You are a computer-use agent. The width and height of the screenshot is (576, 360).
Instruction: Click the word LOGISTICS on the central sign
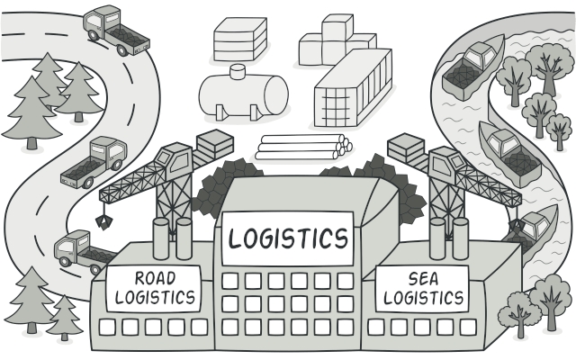click(287, 238)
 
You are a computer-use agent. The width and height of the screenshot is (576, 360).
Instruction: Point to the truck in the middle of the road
click(94, 163)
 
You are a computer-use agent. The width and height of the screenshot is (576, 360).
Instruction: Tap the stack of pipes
click(301, 147)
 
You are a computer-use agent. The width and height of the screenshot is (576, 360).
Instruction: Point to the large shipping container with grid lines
click(354, 91)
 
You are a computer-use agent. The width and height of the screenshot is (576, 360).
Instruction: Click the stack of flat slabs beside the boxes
click(240, 40)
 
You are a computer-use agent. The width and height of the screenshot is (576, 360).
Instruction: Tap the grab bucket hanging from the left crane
click(104, 219)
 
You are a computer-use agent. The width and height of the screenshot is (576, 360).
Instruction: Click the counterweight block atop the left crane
click(213, 145)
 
